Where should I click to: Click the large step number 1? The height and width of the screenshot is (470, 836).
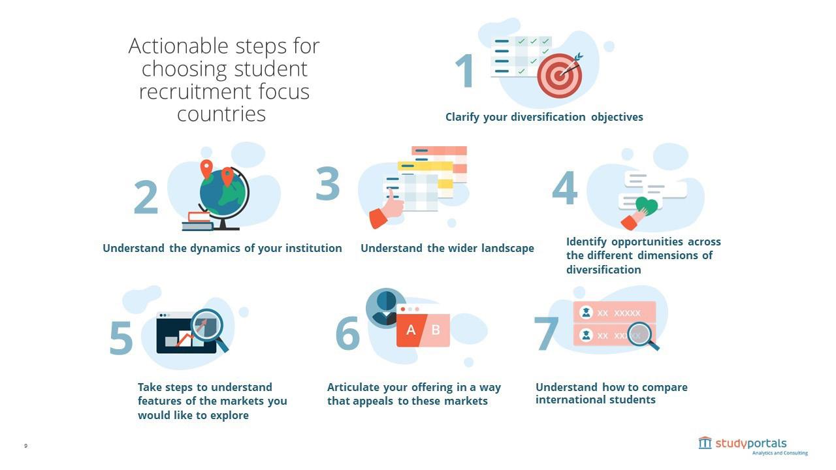pyautogui.click(x=464, y=71)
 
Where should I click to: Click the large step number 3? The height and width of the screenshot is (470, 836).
pyautogui.click(x=328, y=183)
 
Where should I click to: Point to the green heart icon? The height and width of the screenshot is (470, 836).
pyautogui.click(x=646, y=206)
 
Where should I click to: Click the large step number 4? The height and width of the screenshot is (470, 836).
pyautogui.click(x=565, y=188)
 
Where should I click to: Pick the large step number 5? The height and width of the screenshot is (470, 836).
pyautogui.click(x=121, y=338)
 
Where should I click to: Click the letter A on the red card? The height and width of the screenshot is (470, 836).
pyautogui.click(x=411, y=330)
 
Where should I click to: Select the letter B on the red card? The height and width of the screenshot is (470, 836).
pyautogui.click(x=436, y=330)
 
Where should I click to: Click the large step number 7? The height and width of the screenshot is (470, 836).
pyautogui.click(x=546, y=334)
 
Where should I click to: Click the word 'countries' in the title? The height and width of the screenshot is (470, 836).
pyautogui.click(x=221, y=114)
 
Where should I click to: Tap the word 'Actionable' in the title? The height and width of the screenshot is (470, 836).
pyautogui.click(x=170, y=46)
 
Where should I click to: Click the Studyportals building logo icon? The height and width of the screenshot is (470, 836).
pyautogui.click(x=705, y=443)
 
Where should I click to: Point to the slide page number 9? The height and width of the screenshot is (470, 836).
pyautogui.click(x=26, y=446)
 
